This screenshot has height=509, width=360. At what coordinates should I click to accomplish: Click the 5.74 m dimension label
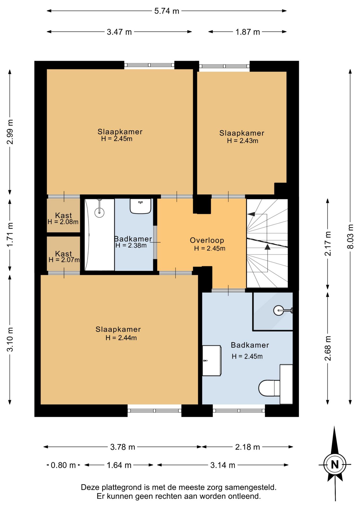167,11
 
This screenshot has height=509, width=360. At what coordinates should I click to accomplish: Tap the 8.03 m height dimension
350,236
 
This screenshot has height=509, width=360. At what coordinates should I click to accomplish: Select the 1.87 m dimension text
248,32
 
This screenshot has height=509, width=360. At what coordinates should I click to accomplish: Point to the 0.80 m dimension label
63,465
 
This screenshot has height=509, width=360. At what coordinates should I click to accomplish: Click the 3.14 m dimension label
223,465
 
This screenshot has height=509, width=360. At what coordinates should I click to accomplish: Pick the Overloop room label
207,240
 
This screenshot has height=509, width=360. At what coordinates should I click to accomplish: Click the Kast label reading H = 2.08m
63,222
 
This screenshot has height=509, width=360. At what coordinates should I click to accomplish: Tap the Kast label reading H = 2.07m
64,260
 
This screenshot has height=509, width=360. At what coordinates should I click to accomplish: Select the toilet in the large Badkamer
269,388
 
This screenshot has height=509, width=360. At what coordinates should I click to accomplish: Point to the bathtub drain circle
99,212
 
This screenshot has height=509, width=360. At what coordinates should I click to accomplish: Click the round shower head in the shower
279,310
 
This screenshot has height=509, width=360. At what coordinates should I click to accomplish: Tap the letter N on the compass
335,465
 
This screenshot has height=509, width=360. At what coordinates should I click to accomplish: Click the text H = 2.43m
243,141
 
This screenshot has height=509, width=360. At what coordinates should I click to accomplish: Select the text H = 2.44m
121,337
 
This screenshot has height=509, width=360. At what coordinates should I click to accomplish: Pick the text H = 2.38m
131,245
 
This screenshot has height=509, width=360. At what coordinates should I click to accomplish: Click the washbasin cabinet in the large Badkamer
212,361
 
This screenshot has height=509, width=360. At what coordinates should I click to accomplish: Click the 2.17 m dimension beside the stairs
328,243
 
